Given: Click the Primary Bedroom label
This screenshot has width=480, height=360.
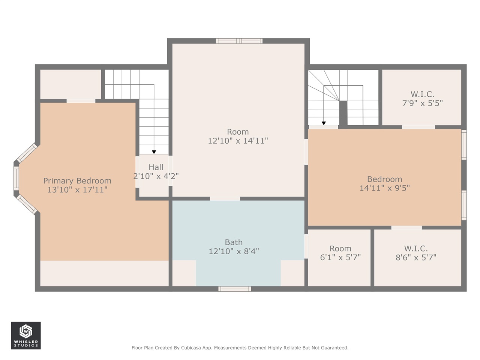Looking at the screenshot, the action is pyautogui.click(x=77, y=181).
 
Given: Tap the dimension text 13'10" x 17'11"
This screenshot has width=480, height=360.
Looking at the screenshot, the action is pyautogui.click(x=77, y=190).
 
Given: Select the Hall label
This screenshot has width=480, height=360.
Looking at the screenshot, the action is pyautogui.click(x=156, y=167).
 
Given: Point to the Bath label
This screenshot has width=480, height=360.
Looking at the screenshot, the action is pyautogui.click(x=234, y=242).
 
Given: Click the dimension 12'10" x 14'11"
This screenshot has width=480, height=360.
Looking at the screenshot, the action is pyautogui.click(x=238, y=141).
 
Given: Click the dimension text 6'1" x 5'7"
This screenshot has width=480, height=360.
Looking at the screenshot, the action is pyautogui.click(x=340, y=258).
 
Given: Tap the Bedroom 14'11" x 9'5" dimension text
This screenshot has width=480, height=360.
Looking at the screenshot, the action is pyautogui.click(x=385, y=188).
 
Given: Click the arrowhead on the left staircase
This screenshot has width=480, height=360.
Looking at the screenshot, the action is pyautogui.click(x=154, y=152).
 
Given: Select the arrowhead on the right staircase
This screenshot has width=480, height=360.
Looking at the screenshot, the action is pyautogui.click(x=324, y=123).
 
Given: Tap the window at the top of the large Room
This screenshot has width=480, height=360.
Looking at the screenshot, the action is pyautogui.click(x=239, y=41).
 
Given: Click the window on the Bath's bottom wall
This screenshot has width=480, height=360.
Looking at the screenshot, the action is pyautogui.click(x=235, y=289).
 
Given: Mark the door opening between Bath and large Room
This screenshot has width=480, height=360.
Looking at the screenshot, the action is pyautogui.click(x=225, y=198).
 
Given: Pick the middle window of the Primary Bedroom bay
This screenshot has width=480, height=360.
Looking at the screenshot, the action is pyautogui.click(x=16, y=178).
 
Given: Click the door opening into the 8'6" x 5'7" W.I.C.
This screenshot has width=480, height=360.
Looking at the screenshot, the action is pyautogui.click(x=406, y=228).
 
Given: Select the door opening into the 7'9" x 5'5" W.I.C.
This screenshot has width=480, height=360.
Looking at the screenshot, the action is pyautogui.click(x=418, y=127).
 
